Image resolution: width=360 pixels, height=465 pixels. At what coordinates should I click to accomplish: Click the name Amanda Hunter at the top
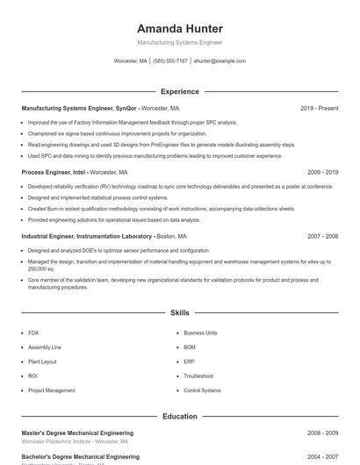(180, 29)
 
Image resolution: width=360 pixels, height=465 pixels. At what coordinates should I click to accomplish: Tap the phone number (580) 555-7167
(170, 61)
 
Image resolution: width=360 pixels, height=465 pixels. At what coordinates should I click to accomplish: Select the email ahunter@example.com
(220, 61)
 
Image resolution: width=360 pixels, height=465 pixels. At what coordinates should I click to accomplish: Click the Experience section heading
(180, 91)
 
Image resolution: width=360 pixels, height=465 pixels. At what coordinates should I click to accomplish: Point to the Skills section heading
(180, 312)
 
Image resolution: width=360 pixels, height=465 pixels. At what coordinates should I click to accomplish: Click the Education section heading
(180, 416)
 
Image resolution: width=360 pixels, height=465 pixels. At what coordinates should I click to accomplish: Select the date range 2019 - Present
(319, 108)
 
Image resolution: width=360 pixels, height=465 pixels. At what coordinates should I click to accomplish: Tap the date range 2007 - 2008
(322, 237)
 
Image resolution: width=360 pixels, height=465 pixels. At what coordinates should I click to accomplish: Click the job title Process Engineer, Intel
(54, 173)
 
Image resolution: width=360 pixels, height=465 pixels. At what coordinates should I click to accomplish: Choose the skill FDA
(33, 333)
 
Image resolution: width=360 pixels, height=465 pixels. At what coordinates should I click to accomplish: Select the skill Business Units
(200, 333)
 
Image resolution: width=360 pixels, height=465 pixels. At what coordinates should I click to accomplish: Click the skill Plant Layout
(42, 361)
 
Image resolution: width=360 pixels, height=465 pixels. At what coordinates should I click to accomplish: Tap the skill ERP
(190, 361)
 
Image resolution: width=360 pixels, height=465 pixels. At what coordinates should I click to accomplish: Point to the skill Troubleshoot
(199, 376)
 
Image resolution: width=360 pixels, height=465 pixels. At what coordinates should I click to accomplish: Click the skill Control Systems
(203, 390)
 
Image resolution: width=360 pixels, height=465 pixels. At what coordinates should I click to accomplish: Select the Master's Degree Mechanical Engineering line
(77, 433)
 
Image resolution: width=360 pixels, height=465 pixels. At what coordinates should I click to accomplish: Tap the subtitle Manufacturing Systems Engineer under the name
(180, 42)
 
